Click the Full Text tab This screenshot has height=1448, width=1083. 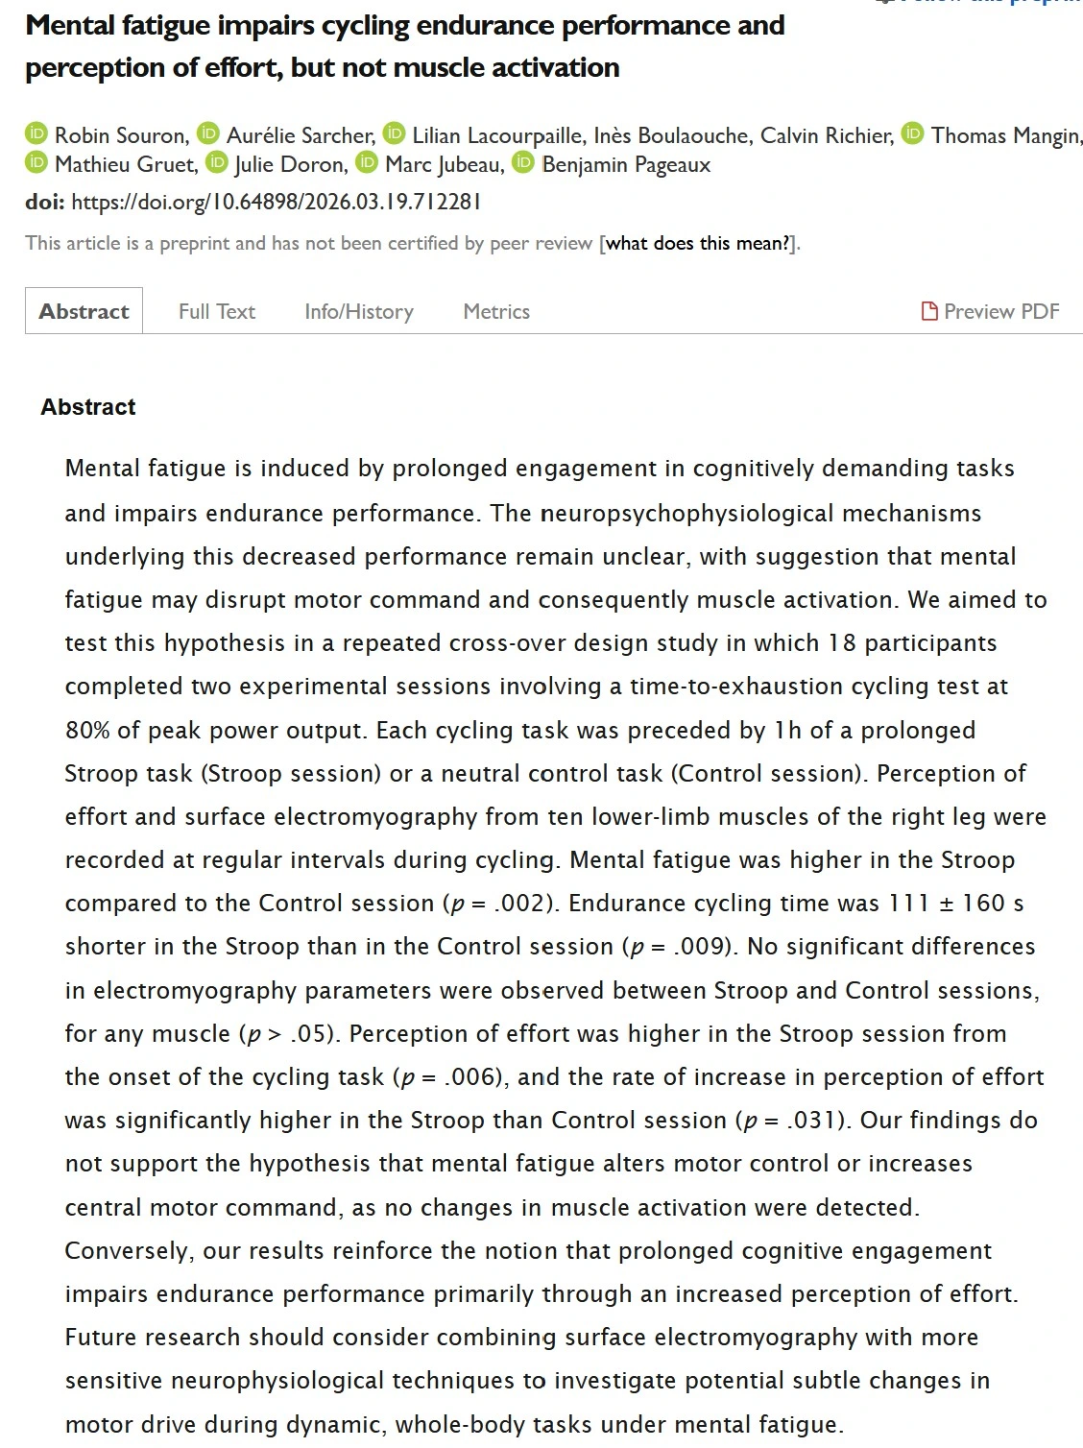pos(217,311)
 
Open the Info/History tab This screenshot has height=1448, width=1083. pos(359,311)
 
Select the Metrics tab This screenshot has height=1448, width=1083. pos(496,311)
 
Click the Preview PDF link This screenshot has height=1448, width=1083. pos(1001,311)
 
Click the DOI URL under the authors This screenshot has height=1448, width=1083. pos(276,202)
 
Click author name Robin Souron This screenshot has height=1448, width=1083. pos(120,135)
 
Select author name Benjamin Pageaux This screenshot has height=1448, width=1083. pos(626,164)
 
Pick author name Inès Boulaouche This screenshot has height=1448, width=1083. pos(672,135)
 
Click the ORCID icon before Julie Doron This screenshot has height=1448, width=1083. pos(218,163)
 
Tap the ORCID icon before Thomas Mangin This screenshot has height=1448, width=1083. pos(914,134)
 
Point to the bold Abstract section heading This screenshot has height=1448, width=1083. pos(88,406)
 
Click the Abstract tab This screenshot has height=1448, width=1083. pos(84,311)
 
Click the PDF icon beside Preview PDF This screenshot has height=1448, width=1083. pos(929,311)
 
